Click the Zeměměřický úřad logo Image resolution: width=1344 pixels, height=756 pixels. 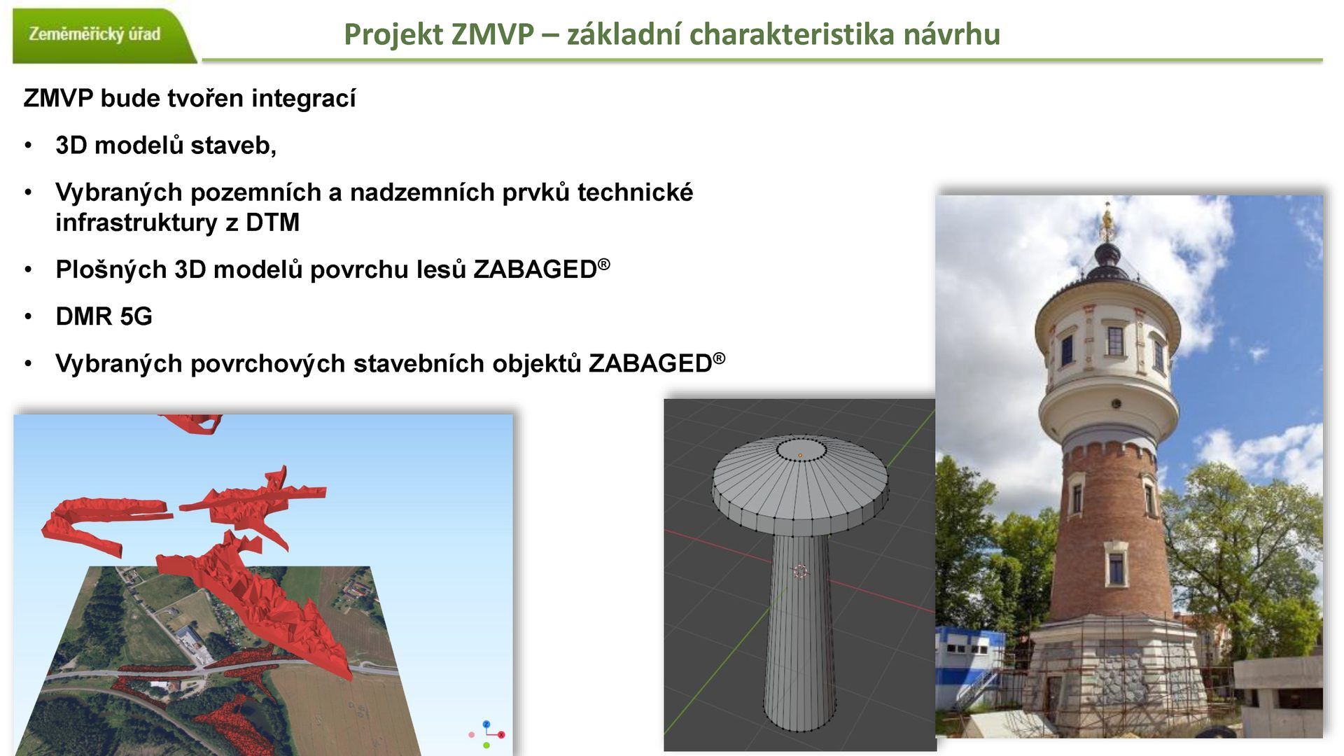[95, 34]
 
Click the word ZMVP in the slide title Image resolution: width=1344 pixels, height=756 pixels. [493, 34]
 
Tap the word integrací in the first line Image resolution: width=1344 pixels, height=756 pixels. [303, 98]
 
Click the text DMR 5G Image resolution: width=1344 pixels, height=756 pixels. [104, 316]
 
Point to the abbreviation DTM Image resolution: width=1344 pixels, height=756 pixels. [272, 223]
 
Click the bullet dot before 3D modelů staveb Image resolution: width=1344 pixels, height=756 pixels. [28, 146]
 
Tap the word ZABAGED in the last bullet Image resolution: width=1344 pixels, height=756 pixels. [650, 364]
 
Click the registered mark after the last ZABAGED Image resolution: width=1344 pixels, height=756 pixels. [719, 359]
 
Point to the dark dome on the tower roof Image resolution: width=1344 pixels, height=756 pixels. [1107, 254]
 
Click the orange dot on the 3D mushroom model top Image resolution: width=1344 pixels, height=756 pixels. [800, 455]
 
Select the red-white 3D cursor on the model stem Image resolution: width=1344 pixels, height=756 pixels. [801, 571]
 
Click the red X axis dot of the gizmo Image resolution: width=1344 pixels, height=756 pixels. [502, 734]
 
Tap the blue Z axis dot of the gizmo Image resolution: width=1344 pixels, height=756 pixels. [486, 724]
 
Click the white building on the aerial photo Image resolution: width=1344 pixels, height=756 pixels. [190, 638]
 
